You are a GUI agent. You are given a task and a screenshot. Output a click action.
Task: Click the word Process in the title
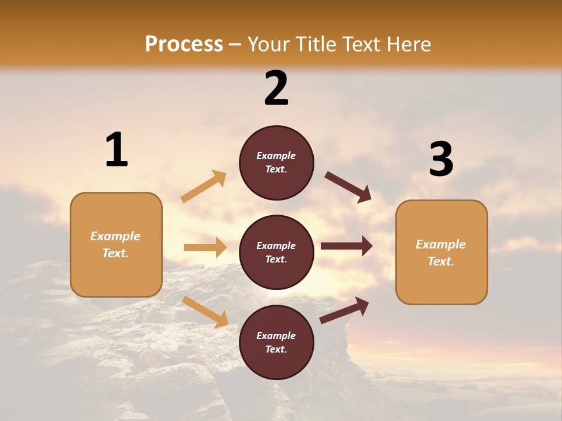click(184, 44)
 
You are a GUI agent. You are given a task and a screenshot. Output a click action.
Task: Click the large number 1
click(116, 150)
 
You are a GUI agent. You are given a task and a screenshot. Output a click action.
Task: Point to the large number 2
click(276, 88)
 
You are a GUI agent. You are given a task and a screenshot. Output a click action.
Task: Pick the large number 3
click(441, 160)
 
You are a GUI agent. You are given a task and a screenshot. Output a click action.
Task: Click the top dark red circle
click(276, 163)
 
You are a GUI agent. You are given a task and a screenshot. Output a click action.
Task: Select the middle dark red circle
click(276, 252)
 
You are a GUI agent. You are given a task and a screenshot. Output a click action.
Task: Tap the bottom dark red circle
click(276, 342)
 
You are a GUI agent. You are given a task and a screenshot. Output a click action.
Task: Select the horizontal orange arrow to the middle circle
click(205, 247)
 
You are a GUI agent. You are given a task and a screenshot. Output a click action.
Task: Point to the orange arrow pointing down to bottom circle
click(205, 312)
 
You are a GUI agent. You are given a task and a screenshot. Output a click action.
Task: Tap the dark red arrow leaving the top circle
click(348, 187)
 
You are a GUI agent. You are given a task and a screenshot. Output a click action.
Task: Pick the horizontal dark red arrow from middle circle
click(347, 246)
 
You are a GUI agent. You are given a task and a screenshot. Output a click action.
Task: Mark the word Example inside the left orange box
click(115, 236)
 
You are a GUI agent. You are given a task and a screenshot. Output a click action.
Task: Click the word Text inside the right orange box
click(440, 261)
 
